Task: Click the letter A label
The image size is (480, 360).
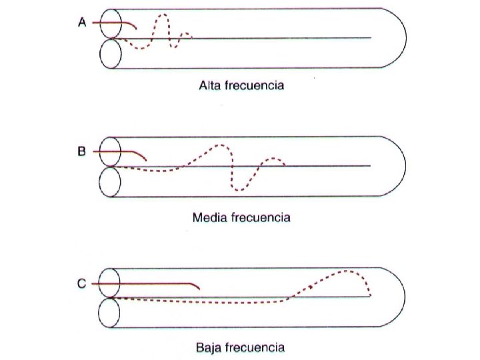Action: tap(82, 22)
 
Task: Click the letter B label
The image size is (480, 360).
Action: tap(82, 151)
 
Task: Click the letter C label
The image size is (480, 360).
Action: tap(82, 284)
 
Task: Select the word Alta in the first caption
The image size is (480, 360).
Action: tap(210, 85)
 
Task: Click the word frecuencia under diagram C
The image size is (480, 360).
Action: tap(255, 347)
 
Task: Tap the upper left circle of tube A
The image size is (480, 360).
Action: tap(110, 23)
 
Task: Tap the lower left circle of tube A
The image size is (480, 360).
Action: tap(110, 53)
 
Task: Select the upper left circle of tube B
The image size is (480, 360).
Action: tap(110, 151)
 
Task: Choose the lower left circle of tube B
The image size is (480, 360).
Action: tap(110, 181)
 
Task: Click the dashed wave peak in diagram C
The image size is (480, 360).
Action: tap(348, 271)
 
